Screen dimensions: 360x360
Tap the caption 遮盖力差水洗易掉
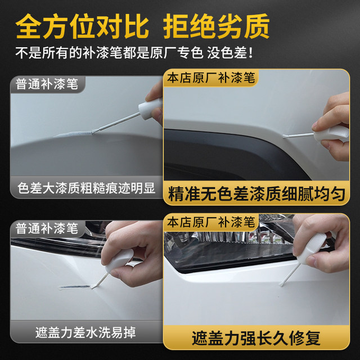click(85, 330)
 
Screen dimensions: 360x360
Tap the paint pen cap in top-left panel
click(150, 106)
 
